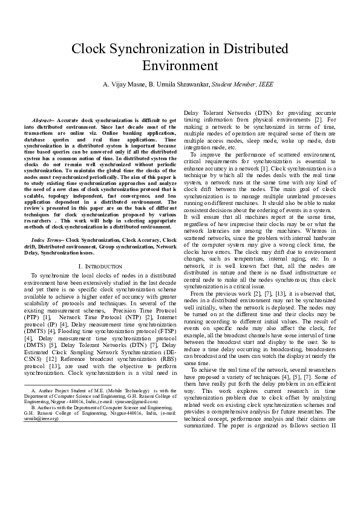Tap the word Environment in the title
179,65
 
